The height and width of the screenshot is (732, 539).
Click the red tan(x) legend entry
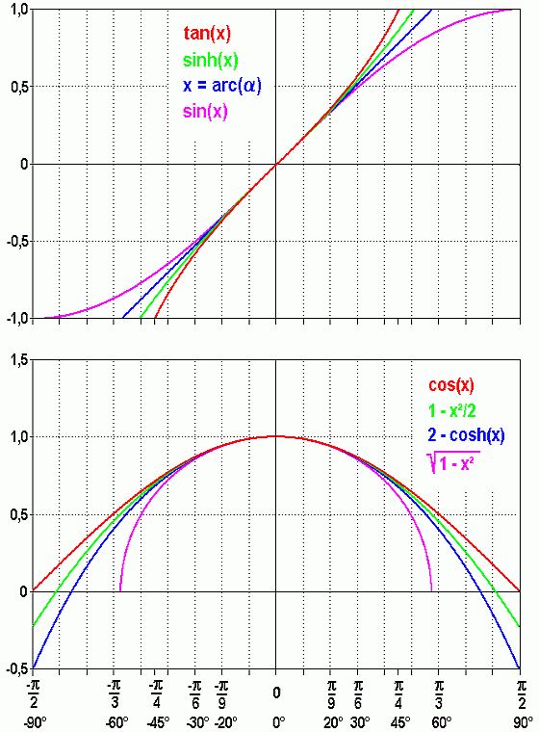[x=207, y=35]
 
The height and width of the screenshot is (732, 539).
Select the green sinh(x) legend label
[x=210, y=61]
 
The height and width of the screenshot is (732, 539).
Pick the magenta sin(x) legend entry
[x=206, y=111]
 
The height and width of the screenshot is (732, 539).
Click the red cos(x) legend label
[x=450, y=385]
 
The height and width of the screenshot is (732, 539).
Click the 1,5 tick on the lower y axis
[x=16, y=360]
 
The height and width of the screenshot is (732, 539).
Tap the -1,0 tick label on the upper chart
[x=14, y=319]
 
